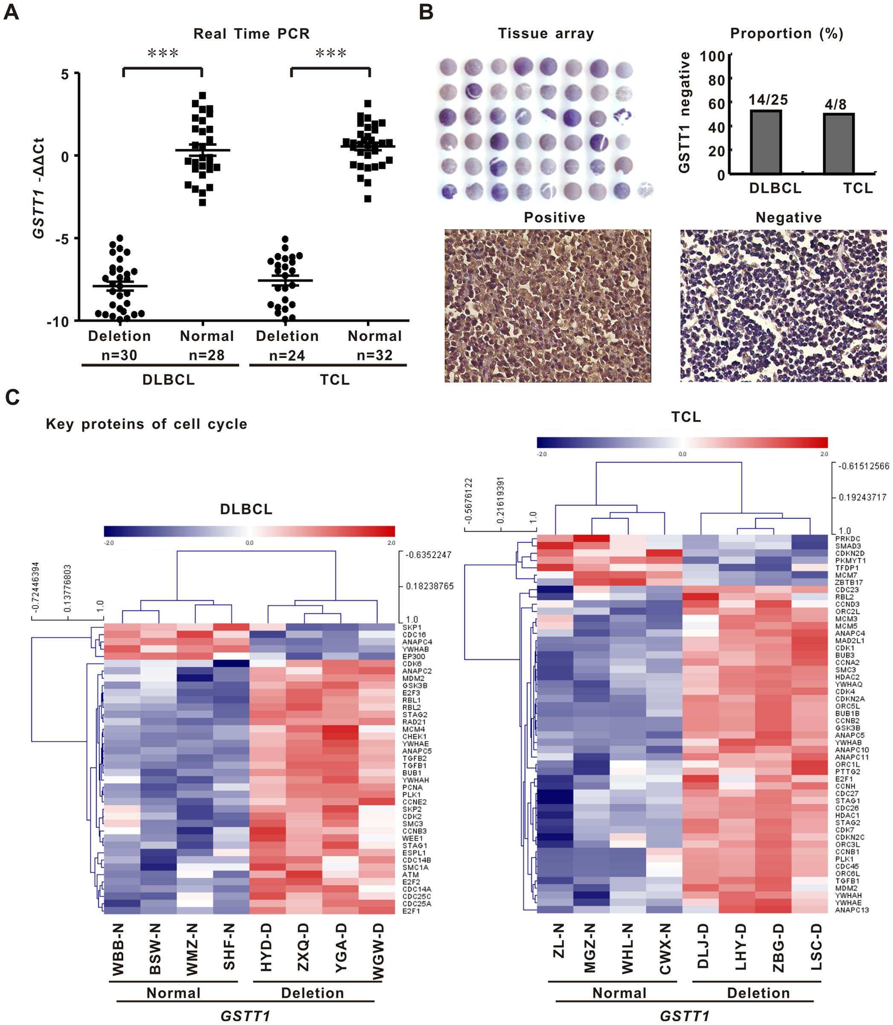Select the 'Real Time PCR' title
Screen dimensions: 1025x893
(x=251, y=34)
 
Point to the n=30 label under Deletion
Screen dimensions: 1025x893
(x=119, y=355)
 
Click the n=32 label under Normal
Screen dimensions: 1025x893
(x=375, y=355)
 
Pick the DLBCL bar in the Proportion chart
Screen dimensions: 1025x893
(x=765, y=142)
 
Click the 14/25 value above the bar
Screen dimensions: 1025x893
(x=768, y=100)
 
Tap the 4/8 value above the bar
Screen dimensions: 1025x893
(x=835, y=104)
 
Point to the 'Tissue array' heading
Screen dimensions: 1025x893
(x=546, y=33)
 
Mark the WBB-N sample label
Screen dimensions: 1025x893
(x=118, y=949)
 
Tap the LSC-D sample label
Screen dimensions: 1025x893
(x=816, y=947)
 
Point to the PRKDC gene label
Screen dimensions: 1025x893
(x=848, y=539)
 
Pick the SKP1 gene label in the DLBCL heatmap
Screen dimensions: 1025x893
(x=412, y=627)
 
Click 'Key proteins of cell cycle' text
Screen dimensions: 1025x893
(x=146, y=424)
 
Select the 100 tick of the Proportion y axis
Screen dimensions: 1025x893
(x=712, y=56)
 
